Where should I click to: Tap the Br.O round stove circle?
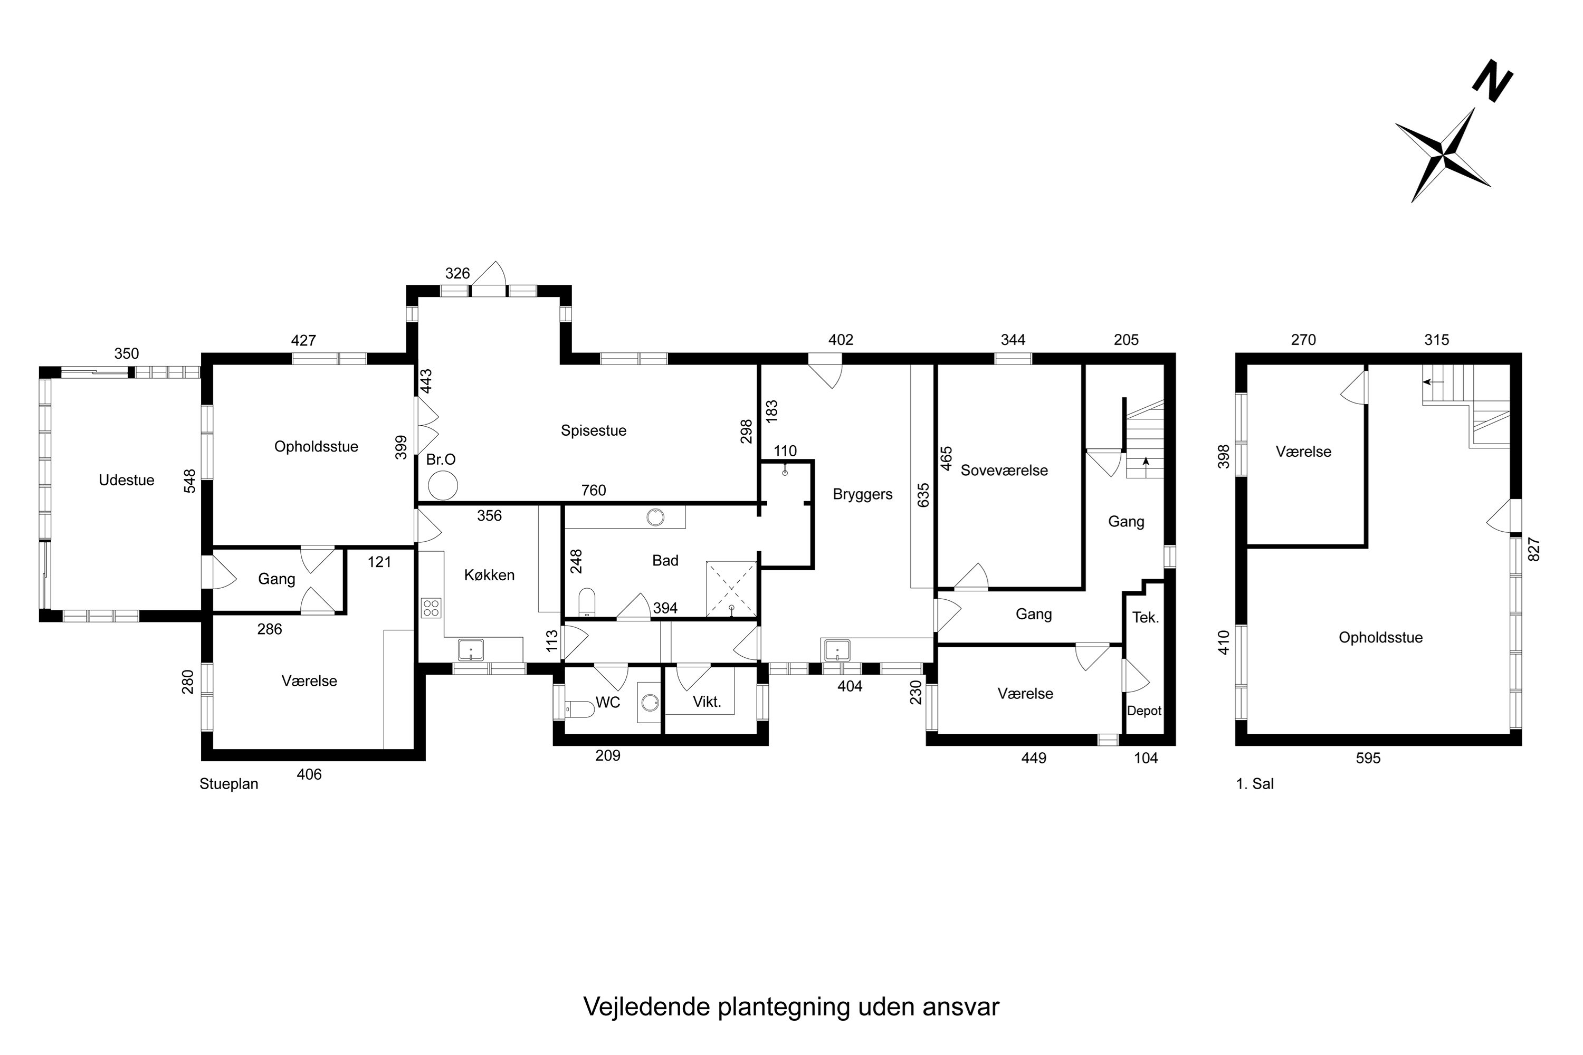click(443, 485)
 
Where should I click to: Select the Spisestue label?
click(593, 430)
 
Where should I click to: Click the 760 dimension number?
click(593, 491)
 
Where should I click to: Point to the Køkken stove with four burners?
click(431, 608)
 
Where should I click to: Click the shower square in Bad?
click(731, 589)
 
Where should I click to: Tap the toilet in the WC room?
click(579, 708)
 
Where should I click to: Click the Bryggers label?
click(862, 495)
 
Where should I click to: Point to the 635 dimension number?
click(923, 495)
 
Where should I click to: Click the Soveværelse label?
click(1004, 471)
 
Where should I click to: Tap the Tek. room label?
click(1146, 618)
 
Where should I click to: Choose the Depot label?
click(1144, 711)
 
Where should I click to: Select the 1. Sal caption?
click(1255, 784)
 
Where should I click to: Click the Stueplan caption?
click(229, 784)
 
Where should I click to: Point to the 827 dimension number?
click(1534, 549)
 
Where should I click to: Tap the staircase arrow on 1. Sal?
click(1433, 381)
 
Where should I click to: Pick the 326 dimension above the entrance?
click(457, 273)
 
